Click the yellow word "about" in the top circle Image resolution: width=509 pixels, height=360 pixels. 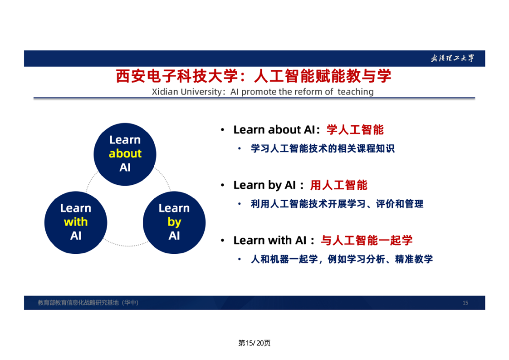125,153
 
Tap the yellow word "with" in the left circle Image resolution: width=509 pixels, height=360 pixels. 76,222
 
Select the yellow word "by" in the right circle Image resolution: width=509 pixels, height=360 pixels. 174,222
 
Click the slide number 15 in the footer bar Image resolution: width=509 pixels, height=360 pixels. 465,303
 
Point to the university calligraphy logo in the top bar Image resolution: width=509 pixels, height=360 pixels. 452,59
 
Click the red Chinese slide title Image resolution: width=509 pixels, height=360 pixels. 254,76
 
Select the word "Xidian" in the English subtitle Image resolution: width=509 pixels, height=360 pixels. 165,92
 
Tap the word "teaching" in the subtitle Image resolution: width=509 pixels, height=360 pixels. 356,92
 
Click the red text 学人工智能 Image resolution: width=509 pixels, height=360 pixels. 355,130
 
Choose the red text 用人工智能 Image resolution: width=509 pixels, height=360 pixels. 338,185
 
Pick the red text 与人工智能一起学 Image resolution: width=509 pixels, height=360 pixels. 367,241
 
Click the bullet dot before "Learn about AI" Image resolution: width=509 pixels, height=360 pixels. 222,130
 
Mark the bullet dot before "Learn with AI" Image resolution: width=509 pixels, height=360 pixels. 222,241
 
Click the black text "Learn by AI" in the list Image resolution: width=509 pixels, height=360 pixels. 264,185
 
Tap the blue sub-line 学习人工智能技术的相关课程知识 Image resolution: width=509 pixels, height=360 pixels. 323,148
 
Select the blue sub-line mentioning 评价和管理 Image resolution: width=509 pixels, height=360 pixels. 337,204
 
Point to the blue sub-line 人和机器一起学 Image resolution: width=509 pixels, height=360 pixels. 342,259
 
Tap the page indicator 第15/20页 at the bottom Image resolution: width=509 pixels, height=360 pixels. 254,343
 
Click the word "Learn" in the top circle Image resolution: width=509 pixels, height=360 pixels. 125,140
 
